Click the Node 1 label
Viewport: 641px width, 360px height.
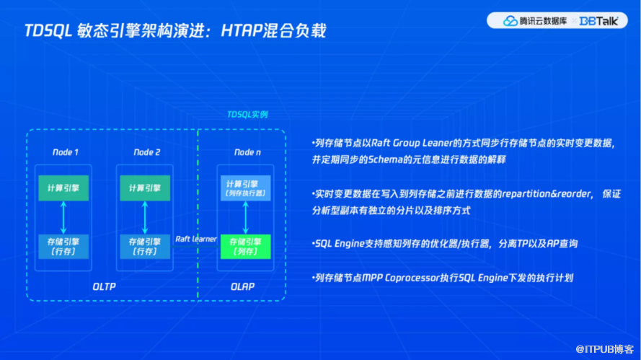(65, 152)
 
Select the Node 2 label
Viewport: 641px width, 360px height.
(147, 152)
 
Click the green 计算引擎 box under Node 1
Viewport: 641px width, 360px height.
(63, 188)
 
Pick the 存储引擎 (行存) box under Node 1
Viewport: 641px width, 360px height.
(63, 247)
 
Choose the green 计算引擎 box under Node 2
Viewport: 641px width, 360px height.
(145, 188)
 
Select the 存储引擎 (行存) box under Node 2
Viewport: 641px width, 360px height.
(145, 247)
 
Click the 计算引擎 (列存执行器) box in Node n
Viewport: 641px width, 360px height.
(247, 188)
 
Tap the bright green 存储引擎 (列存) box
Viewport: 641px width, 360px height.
(247, 247)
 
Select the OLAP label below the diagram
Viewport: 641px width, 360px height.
(242, 286)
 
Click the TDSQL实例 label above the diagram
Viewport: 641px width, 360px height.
(247, 115)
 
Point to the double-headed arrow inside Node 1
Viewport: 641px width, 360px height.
(63, 218)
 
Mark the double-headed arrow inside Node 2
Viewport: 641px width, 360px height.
(145, 218)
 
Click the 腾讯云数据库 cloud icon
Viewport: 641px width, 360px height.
(510, 21)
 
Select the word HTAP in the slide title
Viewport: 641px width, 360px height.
(243, 30)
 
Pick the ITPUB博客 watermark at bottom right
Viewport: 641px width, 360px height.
(612, 348)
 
